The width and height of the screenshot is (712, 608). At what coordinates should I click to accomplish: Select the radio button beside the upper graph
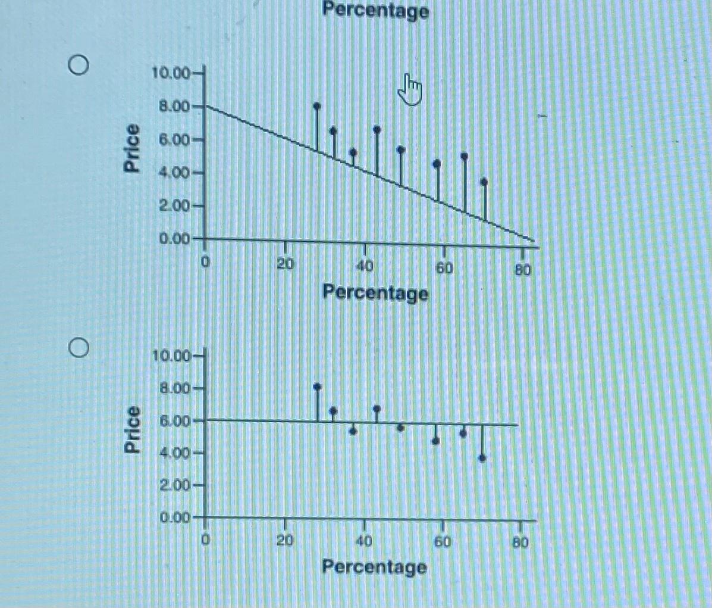pyautogui.click(x=79, y=64)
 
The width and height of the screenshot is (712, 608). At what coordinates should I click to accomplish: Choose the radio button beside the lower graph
pyautogui.click(x=79, y=345)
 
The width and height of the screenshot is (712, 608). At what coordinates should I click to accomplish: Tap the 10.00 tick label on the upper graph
pyautogui.click(x=170, y=74)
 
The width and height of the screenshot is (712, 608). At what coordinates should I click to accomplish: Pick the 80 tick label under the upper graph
pyautogui.click(x=522, y=269)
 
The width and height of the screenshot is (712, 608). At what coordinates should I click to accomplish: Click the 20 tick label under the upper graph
pyautogui.click(x=286, y=264)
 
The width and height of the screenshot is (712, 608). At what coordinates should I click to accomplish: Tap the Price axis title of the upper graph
pyautogui.click(x=133, y=148)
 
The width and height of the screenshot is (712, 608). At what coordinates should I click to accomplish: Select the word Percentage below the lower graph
pyautogui.click(x=374, y=566)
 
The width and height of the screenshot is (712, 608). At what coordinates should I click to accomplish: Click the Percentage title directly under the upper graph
pyautogui.click(x=375, y=293)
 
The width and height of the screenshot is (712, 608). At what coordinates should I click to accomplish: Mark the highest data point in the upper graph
pyautogui.click(x=317, y=106)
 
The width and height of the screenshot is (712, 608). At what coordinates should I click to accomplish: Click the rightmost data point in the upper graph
pyautogui.click(x=484, y=181)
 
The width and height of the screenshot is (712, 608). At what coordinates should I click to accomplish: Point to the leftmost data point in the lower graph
pyautogui.click(x=317, y=386)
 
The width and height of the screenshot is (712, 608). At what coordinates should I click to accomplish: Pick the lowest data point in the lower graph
pyautogui.click(x=482, y=458)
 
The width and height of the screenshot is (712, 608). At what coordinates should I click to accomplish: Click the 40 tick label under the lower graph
pyautogui.click(x=364, y=541)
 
